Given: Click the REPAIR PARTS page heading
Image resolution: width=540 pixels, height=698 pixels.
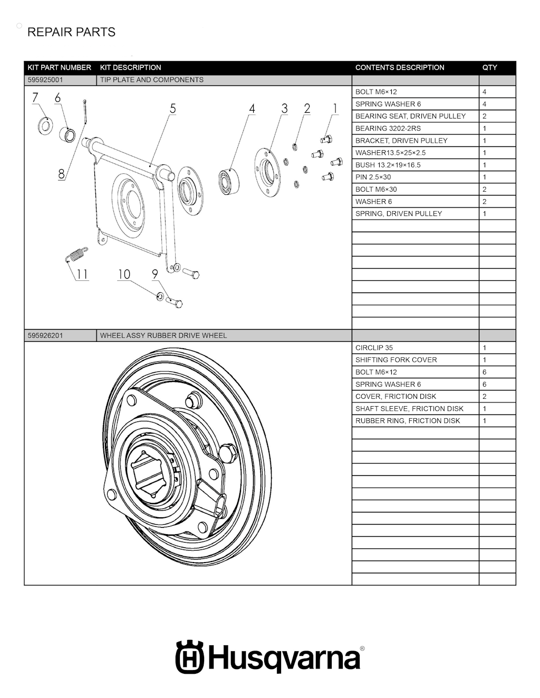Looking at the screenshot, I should click(71, 32).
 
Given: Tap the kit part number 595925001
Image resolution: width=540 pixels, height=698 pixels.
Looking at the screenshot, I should click(45, 80).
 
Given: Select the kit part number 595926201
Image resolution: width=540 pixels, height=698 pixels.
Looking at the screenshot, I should click(45, 336).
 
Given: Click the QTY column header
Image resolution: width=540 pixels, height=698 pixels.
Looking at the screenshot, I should click(489, 67).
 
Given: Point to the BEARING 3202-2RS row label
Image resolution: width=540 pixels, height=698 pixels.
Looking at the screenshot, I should click(388, 129).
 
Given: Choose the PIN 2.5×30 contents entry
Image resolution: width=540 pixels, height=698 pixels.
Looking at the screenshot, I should click(373, 177).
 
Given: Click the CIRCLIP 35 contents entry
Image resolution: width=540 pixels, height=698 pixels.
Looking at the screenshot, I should click(374, 348).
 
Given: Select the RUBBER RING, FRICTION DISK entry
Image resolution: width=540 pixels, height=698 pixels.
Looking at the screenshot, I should click(408, 421).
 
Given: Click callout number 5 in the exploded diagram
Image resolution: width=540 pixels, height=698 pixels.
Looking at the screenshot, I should click(172, 109).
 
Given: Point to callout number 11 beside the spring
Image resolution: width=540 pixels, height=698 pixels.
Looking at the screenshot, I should click(82, 274).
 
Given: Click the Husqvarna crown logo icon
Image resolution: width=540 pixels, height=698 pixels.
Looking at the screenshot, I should click(189, 657).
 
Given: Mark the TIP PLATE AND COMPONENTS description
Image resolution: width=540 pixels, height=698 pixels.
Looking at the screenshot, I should click(152, 80).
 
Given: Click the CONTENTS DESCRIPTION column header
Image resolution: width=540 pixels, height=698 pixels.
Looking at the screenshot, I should click(400, 67).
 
